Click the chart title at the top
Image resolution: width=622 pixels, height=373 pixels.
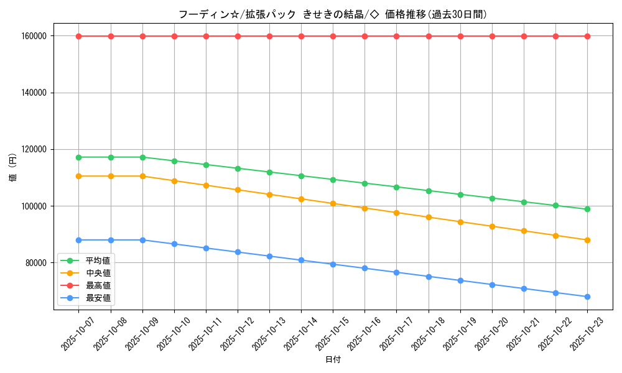333,14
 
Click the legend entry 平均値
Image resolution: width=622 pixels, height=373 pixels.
98,260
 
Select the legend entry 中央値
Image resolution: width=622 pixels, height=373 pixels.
98,273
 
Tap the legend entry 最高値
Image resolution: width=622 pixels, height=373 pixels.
98,285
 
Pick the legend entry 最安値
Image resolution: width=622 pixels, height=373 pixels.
98,298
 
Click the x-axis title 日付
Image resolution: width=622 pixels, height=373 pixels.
333,360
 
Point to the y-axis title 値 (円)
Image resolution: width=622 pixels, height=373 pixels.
13,168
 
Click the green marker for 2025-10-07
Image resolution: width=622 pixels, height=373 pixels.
78,157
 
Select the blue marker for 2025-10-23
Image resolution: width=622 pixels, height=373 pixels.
587,297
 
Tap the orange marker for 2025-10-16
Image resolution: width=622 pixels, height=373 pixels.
364,208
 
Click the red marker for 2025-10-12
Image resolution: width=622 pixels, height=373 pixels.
238,36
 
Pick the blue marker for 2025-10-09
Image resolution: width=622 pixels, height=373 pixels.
142,240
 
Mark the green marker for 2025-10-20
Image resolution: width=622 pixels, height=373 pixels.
492,198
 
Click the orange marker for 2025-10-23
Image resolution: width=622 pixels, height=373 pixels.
587,240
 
